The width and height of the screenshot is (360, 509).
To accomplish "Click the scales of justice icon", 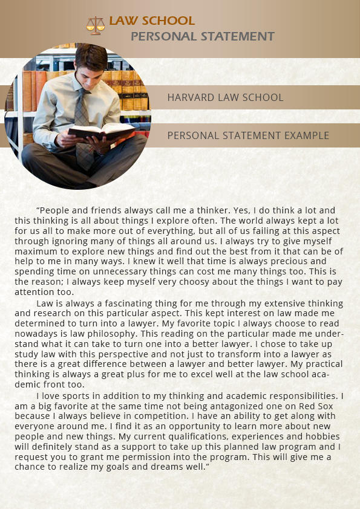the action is pyautogui.click(x=96, y=24).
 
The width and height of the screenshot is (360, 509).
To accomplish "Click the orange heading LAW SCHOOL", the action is pyautogui.click(x=152, y=22).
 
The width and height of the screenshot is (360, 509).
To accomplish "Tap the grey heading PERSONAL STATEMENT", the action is pyautogui.click(x=203, y=36).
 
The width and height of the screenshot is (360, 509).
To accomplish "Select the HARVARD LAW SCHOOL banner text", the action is pyautogui.click(x=225, y=97).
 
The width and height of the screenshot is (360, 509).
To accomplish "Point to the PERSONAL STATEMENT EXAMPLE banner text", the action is pyautogui.click(x=248, y=135).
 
